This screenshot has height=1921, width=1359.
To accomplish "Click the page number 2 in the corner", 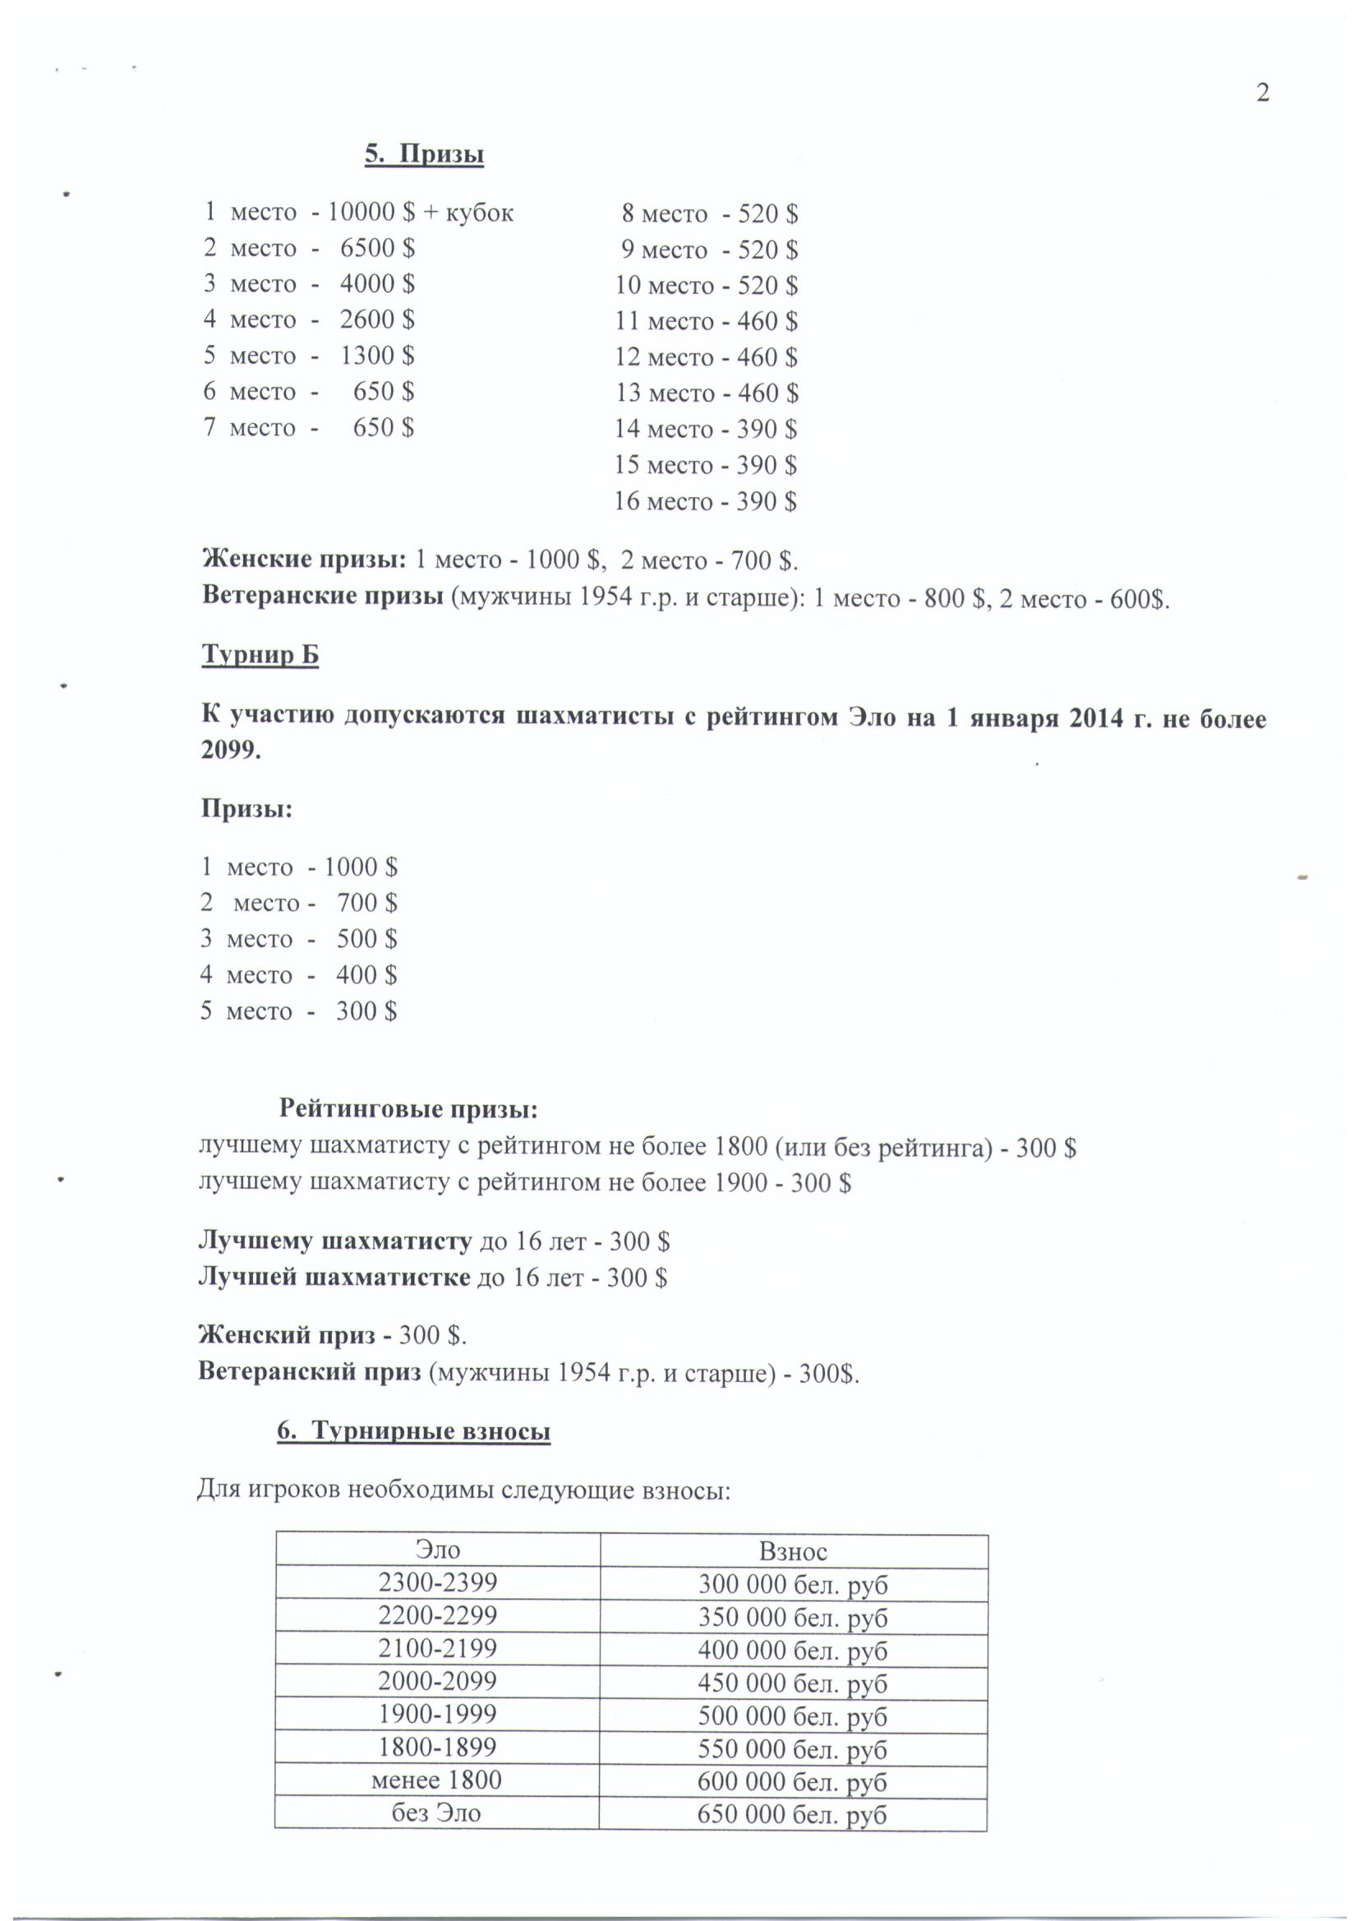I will click(x=1263, y=93).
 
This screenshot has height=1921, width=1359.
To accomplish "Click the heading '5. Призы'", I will click(x=424, y=154).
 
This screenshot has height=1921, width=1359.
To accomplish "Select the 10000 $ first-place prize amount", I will click(x=371, y=212).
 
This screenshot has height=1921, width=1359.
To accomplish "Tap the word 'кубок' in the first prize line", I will click(x=479, y=214).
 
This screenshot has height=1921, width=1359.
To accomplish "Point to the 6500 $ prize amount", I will click(x=376, y=247).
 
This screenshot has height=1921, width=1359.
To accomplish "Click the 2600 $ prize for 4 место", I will click(x=376, y=320).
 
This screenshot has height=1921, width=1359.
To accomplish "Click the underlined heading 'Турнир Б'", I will click(x=260, y=654).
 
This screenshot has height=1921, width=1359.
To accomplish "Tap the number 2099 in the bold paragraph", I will click(x=231, y=750).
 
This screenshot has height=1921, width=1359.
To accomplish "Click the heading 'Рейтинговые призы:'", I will click(x=408, y=1109).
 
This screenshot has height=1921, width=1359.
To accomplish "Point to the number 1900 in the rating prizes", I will click(x=740, y=1183).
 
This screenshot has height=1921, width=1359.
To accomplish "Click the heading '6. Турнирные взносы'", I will click(x=414, y=1431).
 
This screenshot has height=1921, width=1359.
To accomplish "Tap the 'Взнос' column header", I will click(x=792, y=1552).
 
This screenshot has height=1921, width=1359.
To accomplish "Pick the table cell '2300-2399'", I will click(x=437, y=1583).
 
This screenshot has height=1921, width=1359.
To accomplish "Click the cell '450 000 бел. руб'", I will click(x=792, y=1684).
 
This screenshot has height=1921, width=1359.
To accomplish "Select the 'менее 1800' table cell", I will click(x=437, y=1780).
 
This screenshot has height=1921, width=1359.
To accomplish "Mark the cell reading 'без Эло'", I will click(x=437, y=1813).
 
